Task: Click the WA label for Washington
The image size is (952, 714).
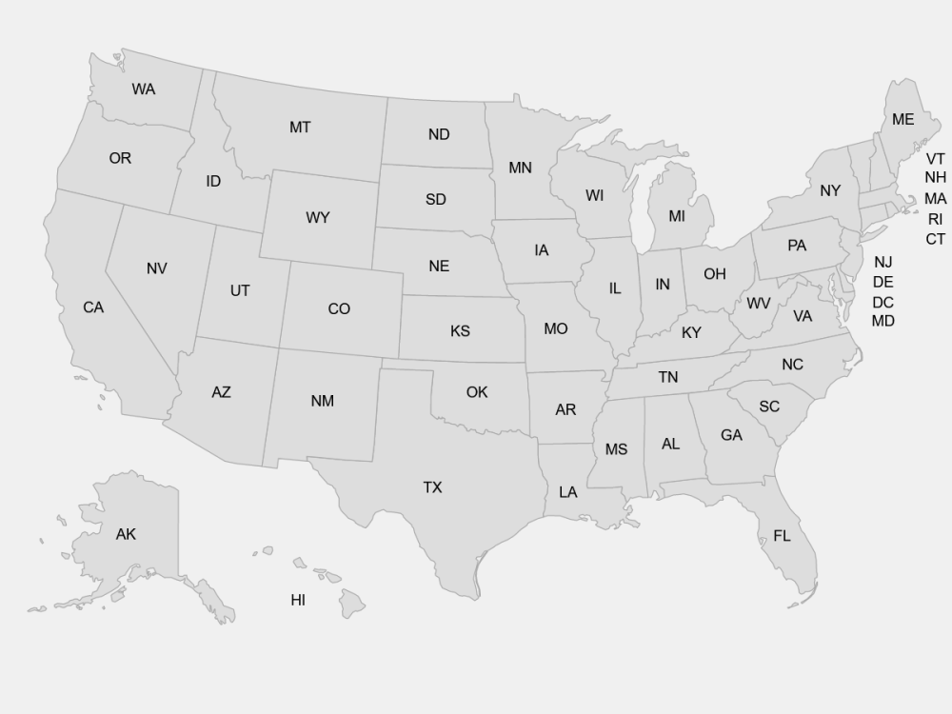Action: [x=144, y=89]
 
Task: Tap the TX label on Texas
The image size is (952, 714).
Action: [x=432, y=487]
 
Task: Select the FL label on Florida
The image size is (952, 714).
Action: [x=782, y=537]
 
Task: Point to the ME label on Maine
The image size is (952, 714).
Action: [x=902, y=120]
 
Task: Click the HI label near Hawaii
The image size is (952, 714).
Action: [x=298, y=601]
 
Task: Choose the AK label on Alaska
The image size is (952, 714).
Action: [x=126, y=535]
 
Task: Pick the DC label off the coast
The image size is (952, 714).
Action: [x=883, y=303]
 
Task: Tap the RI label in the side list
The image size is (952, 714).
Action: [x=935, y=219]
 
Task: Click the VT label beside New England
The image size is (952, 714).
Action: [x=935, y=159]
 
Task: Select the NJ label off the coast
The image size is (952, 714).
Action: [x=883, y=262]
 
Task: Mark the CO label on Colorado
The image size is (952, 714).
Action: [x=339, y=309]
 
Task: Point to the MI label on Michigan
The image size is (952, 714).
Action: [x=676, y=216]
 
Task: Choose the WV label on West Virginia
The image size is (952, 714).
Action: [x=758, y=304]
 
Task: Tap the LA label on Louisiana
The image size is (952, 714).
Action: [x=567, y=492]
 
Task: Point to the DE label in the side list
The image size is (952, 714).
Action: [x=883, y=282]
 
